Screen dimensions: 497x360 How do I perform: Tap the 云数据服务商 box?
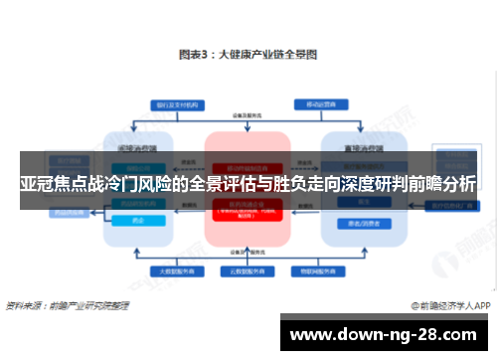pyautogui.click(x=248, y=270)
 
